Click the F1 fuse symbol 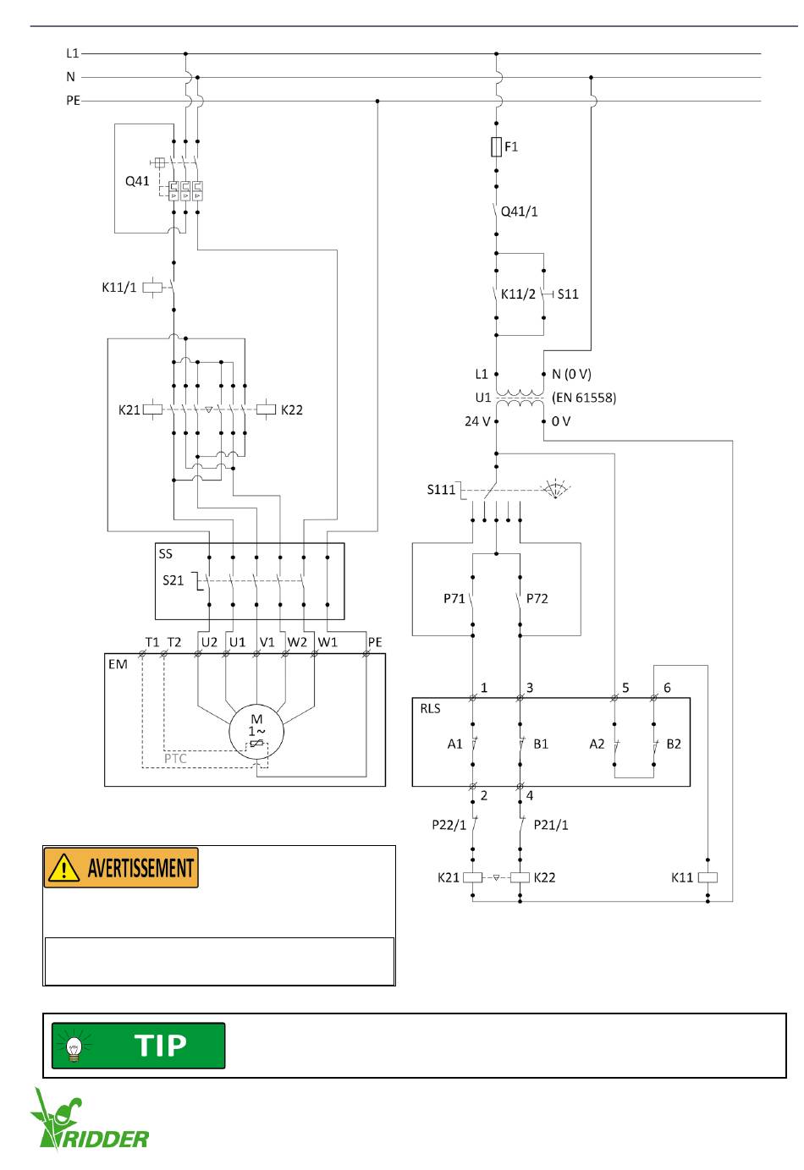pyautogui.click(x=496, y=146)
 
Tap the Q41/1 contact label pyautogui.click(x=519, y=211)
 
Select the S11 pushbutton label pyautogui.click(x=568, y=294)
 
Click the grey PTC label pyautogui.click(x=175, y=758)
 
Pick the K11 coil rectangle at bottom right pyautogui.click(x=708, y=877)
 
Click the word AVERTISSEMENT pyautogui.click(x=140, y=868)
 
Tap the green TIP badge pyautogui.click(x=139, y=1045)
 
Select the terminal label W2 pyautogui.click(x=297, y=642)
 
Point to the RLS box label pyautogui.click(x=430, y=708)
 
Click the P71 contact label pyautogui.click(x=454, y=599)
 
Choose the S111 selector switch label pyautogui.click(x=441, y=490)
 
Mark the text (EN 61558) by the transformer pyautogui.click(x=584, y=398)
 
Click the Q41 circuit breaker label pyautogui.click(x=137, y=181)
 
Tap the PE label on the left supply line pyautogui.click(x=73, y=101)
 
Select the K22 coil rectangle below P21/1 pyautogui.click(x=520, y=877)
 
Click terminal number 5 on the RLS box pyautogui.click(x=625, y=688)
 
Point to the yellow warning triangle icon pyautogui.click(x=63, y=868)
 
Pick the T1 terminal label pyautogui.click(x=152, y=642)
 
